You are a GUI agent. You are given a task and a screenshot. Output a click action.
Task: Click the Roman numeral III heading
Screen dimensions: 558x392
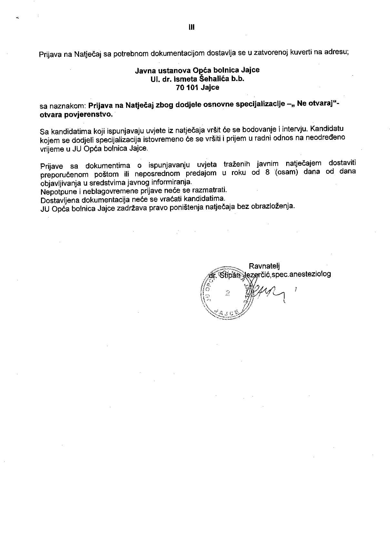tap(192, 27)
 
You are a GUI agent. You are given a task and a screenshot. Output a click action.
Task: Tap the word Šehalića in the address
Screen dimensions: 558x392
tap(216, 79)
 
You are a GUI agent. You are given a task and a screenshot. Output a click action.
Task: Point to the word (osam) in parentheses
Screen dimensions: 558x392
tap(286, 172)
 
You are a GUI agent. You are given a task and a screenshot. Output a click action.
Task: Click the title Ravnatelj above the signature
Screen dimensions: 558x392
tap(264, 266)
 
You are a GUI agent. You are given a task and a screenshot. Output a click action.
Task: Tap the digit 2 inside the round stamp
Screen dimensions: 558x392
tap(228, 293)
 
